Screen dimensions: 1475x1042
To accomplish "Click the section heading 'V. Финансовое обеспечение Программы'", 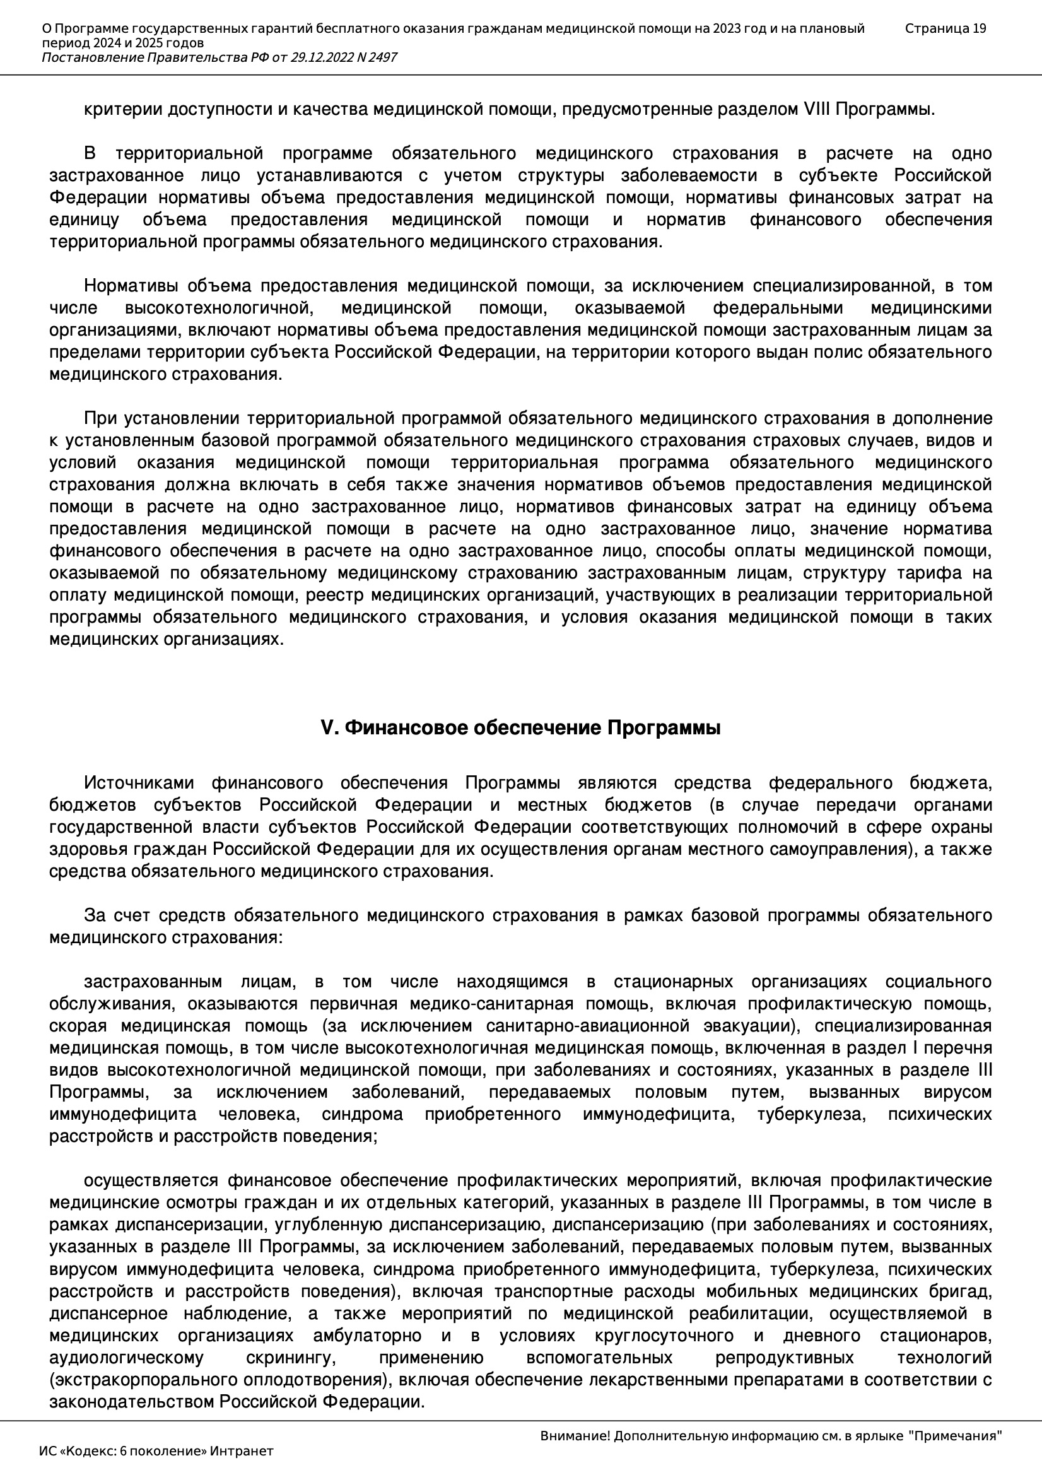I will click(x=520, y=729).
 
